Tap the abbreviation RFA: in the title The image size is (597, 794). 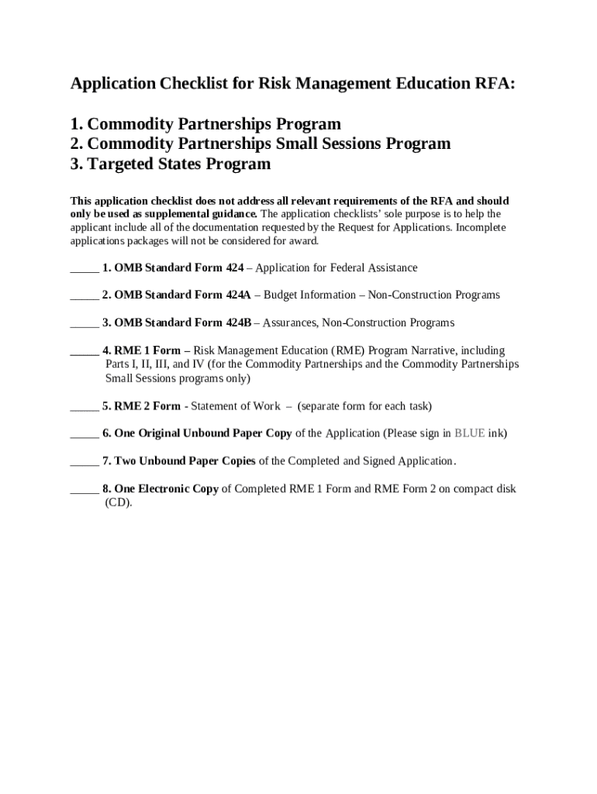coord(492,85)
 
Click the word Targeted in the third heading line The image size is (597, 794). coord(119,164)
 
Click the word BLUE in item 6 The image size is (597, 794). coord(469,433)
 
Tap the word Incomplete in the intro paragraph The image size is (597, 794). coord(481,228)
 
